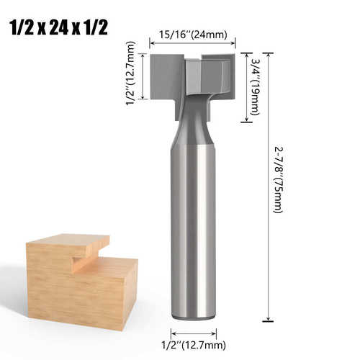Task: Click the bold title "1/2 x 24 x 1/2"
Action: [59, 28]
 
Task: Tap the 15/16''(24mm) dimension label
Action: [193, 35]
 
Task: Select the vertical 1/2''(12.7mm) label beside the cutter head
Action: [131, 73]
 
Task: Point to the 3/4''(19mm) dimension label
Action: [255, 87]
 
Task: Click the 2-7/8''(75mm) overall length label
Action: [279, 180]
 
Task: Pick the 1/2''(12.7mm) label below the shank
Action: [194, 345]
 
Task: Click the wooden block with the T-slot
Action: [82, 282]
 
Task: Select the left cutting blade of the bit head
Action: [165, 77]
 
